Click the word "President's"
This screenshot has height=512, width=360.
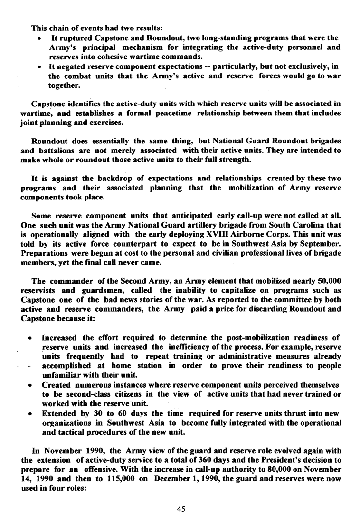click(x=279, y=461)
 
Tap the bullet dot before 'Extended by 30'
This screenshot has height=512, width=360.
click(x=30, y=412)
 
